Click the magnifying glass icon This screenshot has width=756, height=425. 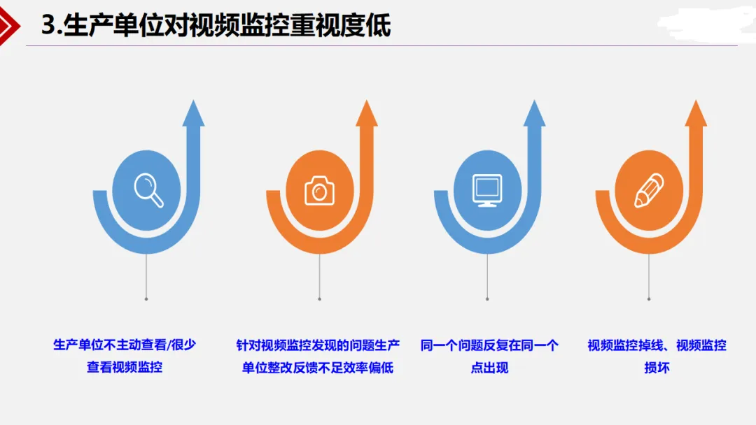[148, 190]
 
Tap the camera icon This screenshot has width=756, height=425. [319, 191]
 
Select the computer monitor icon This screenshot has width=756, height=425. [487, 190]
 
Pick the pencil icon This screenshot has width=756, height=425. [649, 191]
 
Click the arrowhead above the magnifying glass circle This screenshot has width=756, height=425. [193, 114]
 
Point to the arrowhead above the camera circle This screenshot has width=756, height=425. [367, 114]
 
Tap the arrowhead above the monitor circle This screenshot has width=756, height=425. [534, 114]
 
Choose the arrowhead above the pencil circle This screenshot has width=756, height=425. [696, 114]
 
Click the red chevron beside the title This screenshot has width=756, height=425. [8, 25]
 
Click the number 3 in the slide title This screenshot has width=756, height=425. [48, 25]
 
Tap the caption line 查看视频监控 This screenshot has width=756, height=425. [125, 367]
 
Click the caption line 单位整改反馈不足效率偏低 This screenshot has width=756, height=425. [318, 368]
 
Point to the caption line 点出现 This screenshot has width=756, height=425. [489, 368]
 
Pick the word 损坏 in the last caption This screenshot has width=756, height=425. [657, 368]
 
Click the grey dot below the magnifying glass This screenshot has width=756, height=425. [146, 299]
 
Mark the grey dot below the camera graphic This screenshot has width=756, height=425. [319, 299]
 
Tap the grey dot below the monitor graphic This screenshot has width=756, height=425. [487, 299]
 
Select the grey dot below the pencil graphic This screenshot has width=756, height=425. [649, 299]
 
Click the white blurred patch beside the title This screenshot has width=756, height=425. [706, 24]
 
